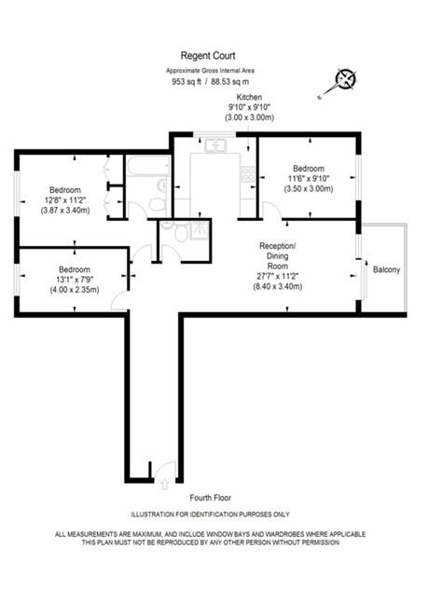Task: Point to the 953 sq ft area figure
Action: (x=186, y=81)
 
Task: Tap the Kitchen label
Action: (x=249, y=97)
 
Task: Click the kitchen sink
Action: (x=216, y=144)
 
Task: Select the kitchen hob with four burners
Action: (x=248, y=173)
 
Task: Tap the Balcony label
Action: (x=386, y=270)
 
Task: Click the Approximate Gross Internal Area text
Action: (x=210, y=71)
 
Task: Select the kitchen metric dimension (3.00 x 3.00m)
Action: (x=249, y=118)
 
